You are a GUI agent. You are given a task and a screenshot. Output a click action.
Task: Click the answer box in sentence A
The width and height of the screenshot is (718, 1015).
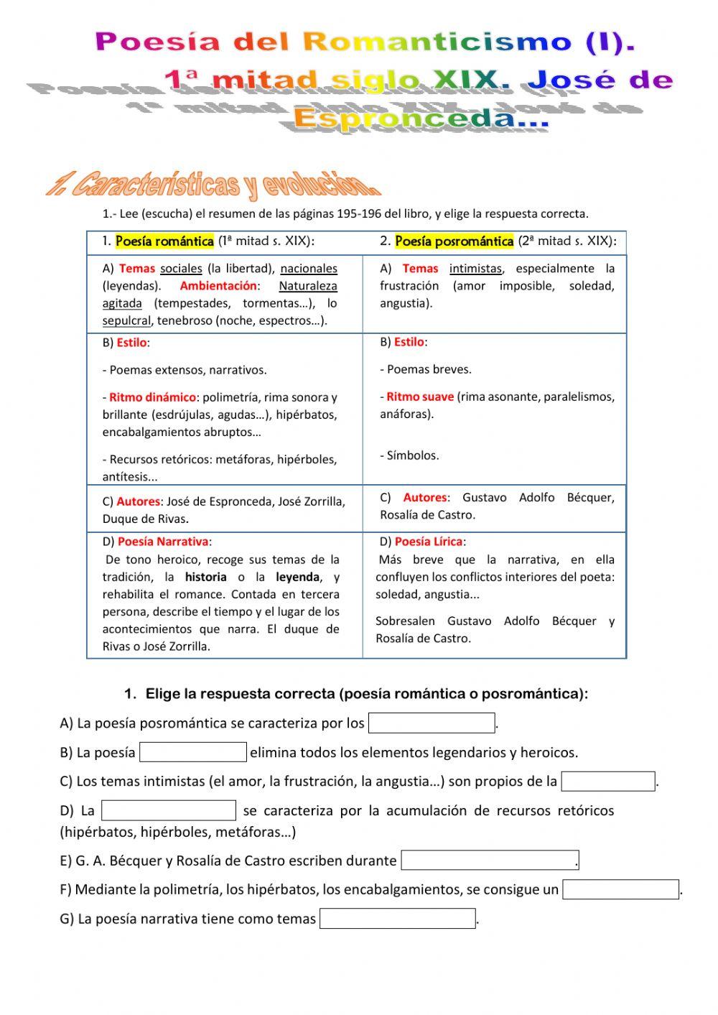[432, 723]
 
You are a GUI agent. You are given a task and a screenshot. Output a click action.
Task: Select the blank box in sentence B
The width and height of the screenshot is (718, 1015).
[193, 752]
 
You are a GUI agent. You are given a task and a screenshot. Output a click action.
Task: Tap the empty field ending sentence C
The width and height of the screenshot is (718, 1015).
[608, 781]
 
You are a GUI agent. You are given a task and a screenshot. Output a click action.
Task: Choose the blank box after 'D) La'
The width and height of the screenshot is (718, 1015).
[169, 810]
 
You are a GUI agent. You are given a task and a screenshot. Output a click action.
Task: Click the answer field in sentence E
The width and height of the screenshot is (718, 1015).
[489, 860]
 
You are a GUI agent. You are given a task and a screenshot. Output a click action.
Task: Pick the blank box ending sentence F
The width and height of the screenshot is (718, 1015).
[620, 889]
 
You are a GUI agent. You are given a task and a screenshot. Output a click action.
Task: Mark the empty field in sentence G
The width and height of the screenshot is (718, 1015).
[398, 918]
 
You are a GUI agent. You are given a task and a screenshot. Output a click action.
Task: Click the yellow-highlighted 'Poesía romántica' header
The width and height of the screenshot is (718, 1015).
[164, 241]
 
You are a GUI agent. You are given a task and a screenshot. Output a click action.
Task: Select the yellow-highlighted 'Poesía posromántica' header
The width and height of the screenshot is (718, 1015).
[454, 241]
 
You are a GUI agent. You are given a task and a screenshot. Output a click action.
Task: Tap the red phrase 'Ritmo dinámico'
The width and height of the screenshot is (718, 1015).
[152, 397]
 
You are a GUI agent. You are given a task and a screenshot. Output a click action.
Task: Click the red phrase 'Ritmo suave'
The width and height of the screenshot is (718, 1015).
[420, 397]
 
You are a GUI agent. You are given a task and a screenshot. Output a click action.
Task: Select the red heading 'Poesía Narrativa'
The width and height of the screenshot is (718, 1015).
[163, 542]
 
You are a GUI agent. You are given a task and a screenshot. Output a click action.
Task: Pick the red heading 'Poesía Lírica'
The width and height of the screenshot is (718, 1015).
[429, 542]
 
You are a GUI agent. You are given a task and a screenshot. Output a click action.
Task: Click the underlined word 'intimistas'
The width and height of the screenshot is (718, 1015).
[475, 269]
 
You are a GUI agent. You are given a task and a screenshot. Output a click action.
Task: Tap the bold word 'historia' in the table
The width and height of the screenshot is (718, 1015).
[205, 577]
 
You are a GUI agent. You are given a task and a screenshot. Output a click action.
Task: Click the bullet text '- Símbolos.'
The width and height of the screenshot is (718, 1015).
[409, 455]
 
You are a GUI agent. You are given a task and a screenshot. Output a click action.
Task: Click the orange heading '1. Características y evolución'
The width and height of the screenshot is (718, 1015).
[213, 185]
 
